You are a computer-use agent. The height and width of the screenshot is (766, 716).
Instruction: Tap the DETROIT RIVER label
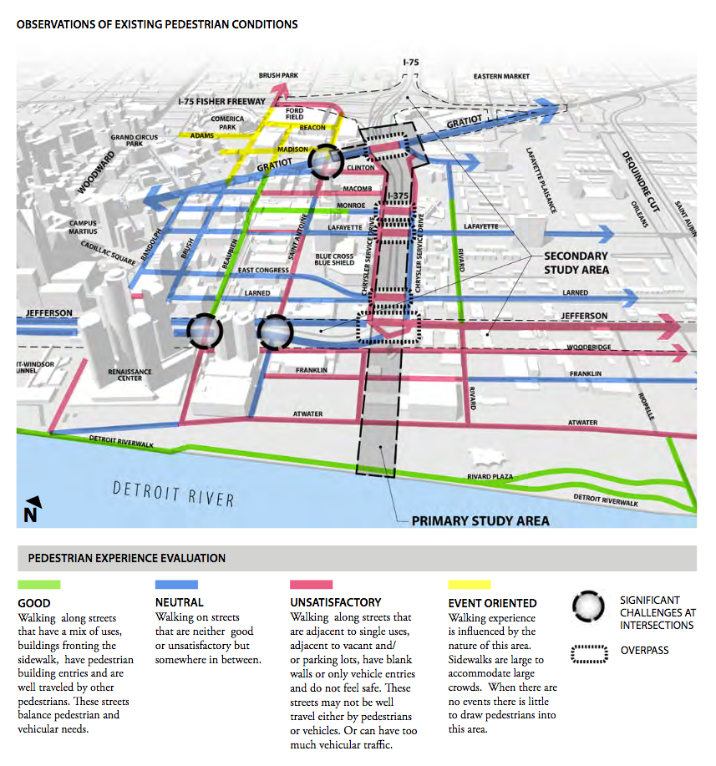click(174, 493)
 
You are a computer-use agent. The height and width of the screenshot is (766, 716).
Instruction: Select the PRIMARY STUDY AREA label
click(480, 521)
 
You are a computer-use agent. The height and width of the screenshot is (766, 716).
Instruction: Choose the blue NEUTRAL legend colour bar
click(176, 585)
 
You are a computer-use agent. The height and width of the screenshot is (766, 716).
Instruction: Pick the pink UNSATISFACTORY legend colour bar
click(311, 585)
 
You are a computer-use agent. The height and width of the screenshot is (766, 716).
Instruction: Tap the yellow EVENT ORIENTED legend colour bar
click(469, 585)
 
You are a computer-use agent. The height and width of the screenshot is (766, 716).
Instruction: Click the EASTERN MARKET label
click(501, 77)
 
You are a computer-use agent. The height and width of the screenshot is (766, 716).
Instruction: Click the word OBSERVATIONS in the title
click(58, 25)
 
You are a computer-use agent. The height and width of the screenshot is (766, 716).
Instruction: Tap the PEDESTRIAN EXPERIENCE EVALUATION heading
click(127, 558)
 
